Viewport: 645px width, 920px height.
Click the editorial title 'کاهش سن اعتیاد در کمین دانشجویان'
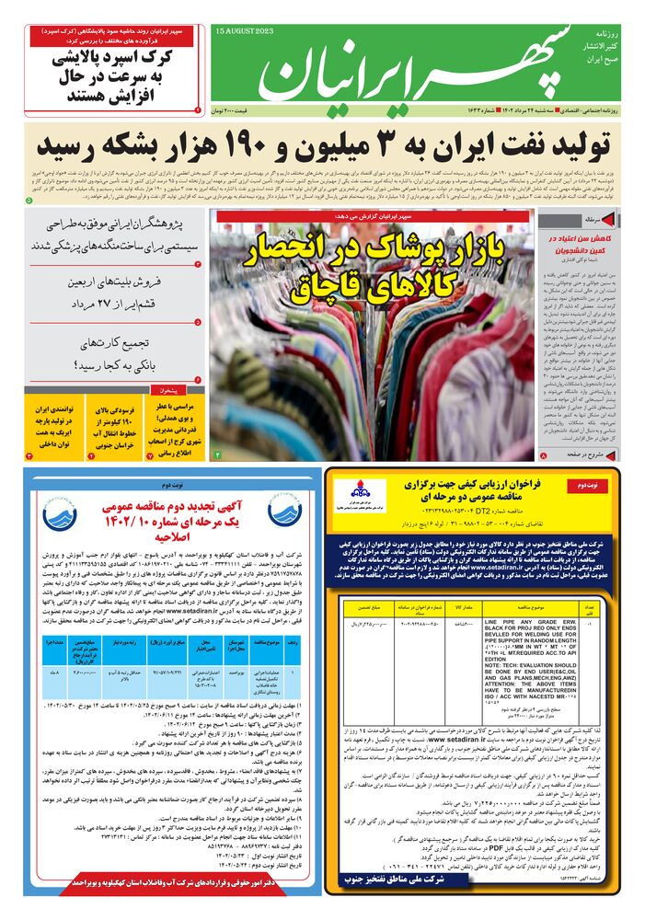click(x=598, y=244)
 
